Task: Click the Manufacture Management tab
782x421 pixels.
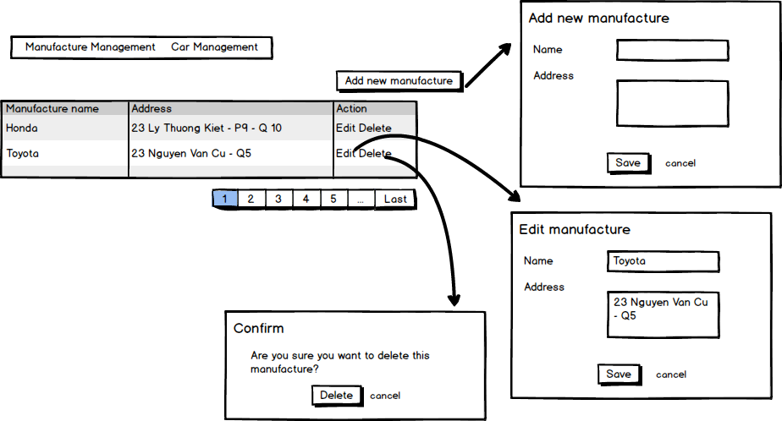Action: pos(90,47)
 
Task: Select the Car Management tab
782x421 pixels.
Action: pos(214,47)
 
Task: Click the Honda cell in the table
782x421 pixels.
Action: pos(22,128)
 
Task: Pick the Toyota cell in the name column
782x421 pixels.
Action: pos(23,154)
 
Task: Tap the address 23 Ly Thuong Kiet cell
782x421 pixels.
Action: pos(207,128)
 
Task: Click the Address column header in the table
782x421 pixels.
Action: pos(151,108)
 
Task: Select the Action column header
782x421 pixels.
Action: pos(351,108)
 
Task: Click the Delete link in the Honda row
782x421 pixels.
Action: pos(375,128)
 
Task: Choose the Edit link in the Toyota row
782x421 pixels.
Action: pos(345,154)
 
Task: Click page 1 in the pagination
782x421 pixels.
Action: pos(224,200)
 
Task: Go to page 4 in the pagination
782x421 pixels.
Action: pos(306,200)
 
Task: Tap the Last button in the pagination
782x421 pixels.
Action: pos(395,200)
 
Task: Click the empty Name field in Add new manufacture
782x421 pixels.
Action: pos(672,51)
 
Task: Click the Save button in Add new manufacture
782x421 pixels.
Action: pos(628,163)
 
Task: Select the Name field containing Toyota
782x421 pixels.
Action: pos(663,262)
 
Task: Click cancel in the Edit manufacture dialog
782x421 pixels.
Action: pos(671,375)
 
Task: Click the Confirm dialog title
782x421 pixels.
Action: pos(259,329)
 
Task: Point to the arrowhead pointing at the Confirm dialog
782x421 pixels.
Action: pos(454,299)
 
